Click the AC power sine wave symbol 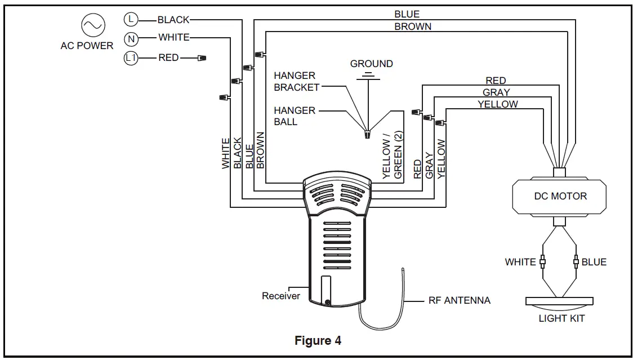tap(93, 25)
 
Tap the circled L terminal tap(131, 19)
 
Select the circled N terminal tap(131, 39)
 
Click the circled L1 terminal tap(131, 58)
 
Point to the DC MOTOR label tap(560, 197)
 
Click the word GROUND tap(371, 64)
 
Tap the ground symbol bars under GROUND tap(368, 77)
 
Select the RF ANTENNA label tap(460, 301)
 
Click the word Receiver tap(281, 296)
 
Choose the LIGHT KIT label tap(561, 318)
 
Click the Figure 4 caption tap(318, 341)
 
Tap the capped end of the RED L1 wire tap(202, 58)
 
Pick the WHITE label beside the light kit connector tap(520, 262)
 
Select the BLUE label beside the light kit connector tap(594, 262)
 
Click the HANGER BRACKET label tap(297, 82)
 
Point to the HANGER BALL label tap(295, 116)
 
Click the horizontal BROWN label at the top tap(413, 26)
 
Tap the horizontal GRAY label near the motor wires tap(496, 92)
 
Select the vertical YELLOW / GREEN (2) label tap(393, 155)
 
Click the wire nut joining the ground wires tap(367, 134)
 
